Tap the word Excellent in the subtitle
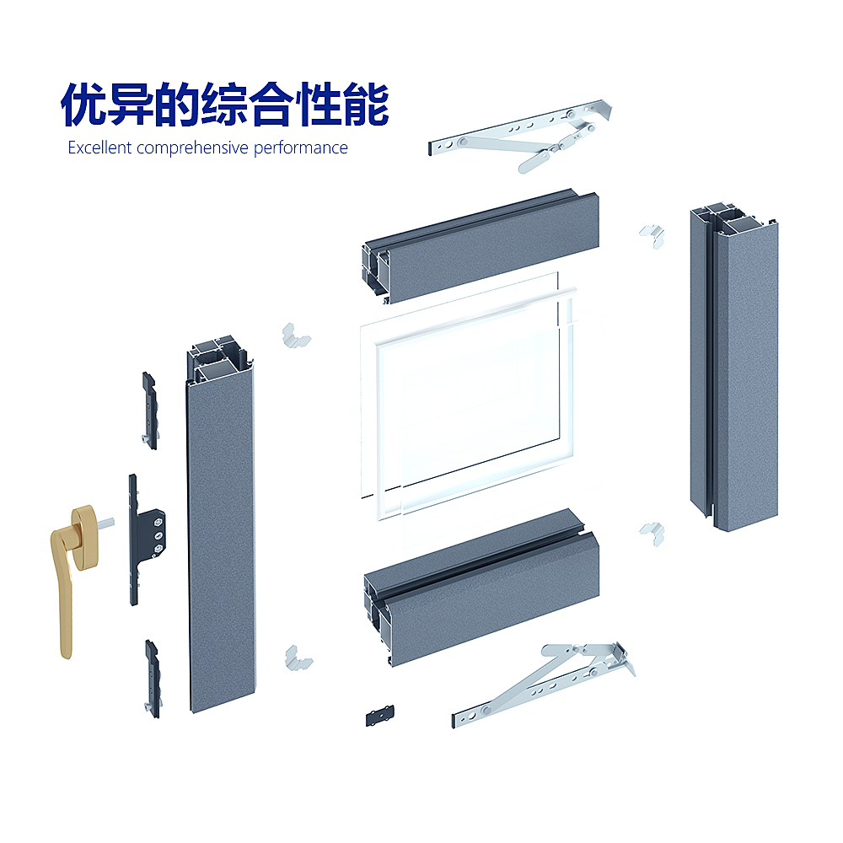(99, 148)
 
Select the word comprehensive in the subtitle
(192, 148)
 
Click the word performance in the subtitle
(301, 148)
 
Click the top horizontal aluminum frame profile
(481, 245)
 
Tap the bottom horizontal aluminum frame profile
(481, 588)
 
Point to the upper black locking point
(149, 411)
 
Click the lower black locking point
(153, 679)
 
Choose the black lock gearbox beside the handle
(145, 540)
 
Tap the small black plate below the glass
(379, 715)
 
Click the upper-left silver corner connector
(295, 336)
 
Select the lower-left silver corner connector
(298, 658)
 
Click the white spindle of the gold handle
(106, 522)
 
